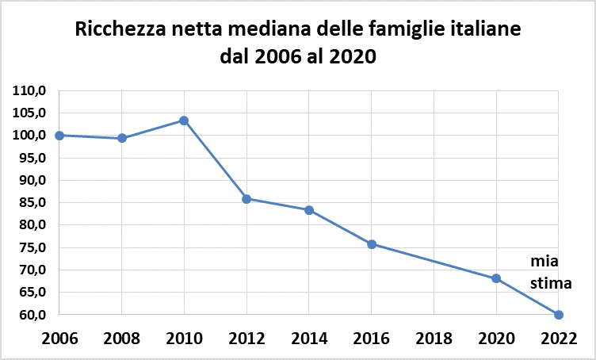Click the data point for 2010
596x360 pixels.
pos(184,121)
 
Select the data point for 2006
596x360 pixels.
pos(59,136)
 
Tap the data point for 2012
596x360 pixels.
pos(246,199)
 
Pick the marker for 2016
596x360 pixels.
pos(371,244)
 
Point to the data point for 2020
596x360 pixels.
pos(496,278)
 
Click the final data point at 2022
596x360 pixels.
pos(559,315)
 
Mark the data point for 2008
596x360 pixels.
pos(122,138)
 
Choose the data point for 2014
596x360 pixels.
pos(309,210)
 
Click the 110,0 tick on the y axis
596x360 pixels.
pos(30,90)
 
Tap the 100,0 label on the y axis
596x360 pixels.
pos(30,136)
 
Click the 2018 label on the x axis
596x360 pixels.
pos(434,339)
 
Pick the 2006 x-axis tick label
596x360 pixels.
pos(59,339)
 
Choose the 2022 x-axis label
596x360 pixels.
pos(559,339)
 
